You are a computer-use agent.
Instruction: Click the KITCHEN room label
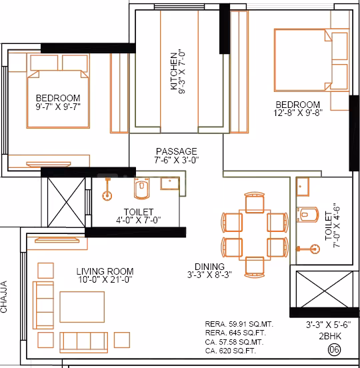click(x=175, y=71)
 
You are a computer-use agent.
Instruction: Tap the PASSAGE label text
click(x=176, y=151)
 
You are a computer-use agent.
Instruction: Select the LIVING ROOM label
click(x=105, y=271)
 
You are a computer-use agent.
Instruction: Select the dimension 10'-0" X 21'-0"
click(x=104, y=281)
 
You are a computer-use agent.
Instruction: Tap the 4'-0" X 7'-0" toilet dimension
click(x=138, y=220)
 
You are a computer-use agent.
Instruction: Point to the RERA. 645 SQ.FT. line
click(x=239, y=333)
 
